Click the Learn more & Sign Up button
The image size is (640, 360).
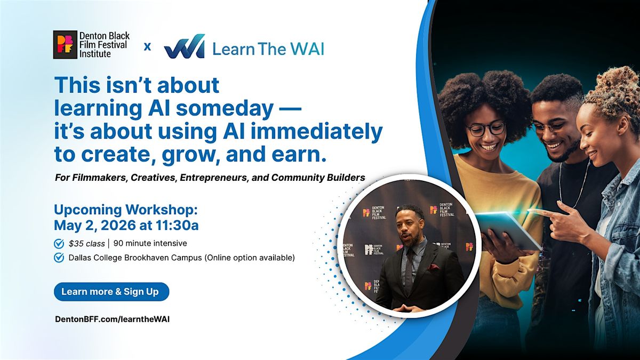111,292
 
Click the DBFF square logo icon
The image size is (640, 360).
65,45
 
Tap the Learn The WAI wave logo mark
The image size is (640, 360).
185,46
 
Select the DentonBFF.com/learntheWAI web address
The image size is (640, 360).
113,319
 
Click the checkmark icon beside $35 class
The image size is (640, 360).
59,244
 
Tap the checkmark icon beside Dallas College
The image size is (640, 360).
59,258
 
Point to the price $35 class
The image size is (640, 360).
86,244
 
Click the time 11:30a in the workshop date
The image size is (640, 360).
177,226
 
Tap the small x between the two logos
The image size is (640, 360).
147,46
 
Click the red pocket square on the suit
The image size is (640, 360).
433,267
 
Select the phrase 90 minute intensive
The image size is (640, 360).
150,243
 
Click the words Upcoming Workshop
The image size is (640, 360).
126,210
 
